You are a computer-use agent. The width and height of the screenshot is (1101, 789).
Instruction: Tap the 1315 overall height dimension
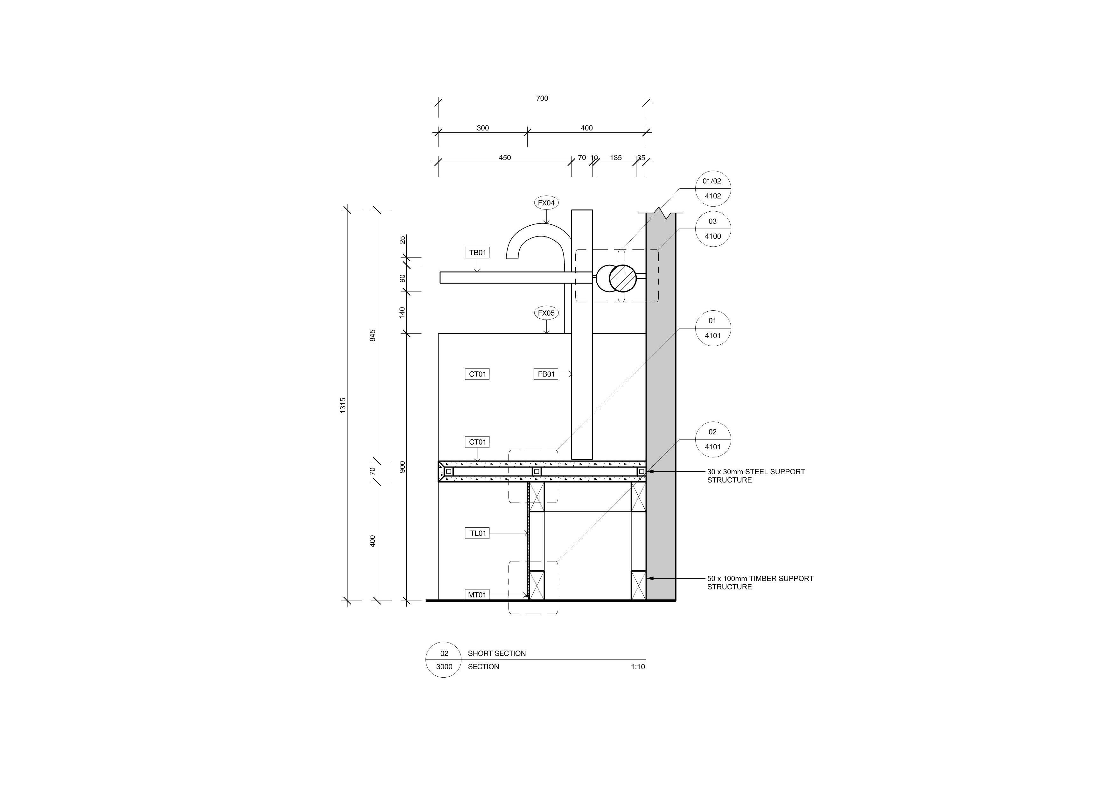click(x=343, y=405)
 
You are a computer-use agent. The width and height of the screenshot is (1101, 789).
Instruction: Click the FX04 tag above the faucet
click(x=546, y=203)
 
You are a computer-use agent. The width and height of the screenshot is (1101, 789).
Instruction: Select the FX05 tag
click(x=546, y=313)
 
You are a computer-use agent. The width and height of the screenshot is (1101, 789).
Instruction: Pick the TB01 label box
click(x=477, y=252)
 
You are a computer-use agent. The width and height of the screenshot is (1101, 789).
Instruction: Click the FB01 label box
click(x=546, y=374)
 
